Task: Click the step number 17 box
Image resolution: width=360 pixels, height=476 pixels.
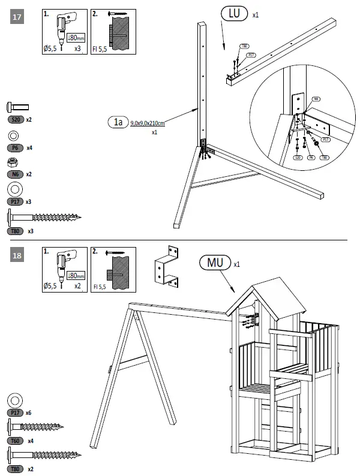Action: tap(17, 17)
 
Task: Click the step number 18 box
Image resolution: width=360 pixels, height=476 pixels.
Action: tap(17, 255)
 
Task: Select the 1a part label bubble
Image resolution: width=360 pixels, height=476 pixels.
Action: tap(118, 123)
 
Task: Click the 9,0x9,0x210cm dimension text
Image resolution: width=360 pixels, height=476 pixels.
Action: tap(148, 123)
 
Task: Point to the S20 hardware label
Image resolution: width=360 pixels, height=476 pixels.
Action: tap(16, 120)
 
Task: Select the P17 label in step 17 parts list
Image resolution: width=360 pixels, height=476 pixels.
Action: tap(16, 202)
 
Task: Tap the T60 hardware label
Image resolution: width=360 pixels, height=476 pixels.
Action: tap(16, 441)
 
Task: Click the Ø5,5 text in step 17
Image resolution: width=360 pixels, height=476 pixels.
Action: tap(50, 50)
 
